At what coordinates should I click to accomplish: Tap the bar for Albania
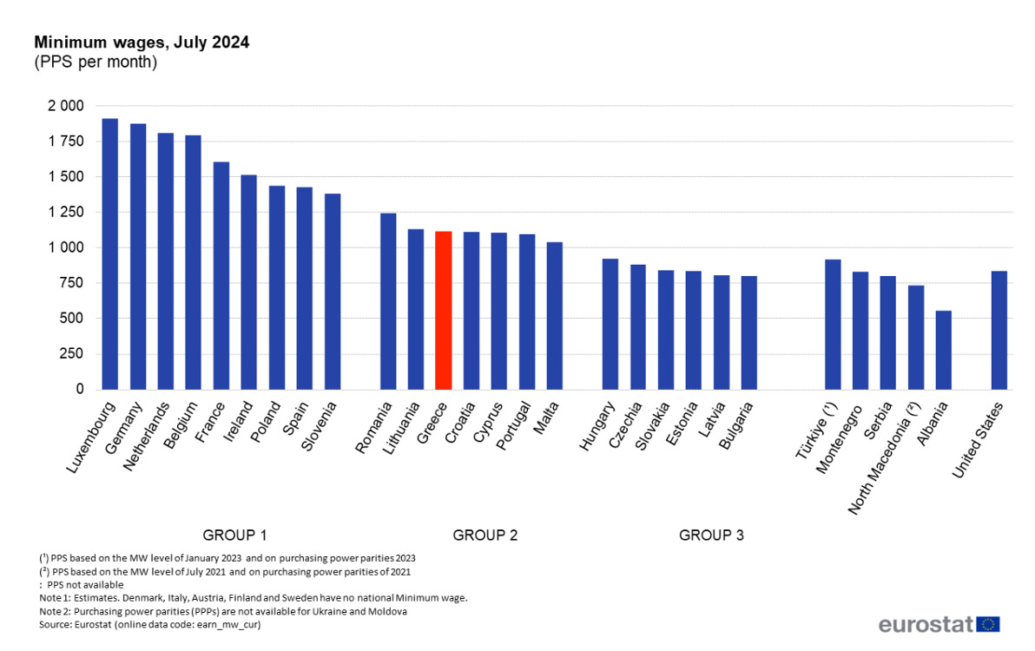tap(943, 350)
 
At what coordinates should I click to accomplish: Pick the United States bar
tap(999, 331)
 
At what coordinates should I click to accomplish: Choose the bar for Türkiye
tap(833, 325)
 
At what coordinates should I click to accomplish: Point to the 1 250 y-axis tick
tap(66, 213)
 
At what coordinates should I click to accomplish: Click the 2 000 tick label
tap(66, 106)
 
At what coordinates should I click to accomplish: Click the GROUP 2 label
tap(485, 536)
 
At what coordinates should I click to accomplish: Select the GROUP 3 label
tap(711, 536)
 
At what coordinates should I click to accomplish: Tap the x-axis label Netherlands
tap(145, 437)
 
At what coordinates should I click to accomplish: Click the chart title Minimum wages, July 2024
tap(142, 43)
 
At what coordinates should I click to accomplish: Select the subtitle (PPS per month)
tap(96, 62)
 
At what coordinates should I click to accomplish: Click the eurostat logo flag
tap(988, 624)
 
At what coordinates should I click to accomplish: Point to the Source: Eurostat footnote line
tap(150, 624)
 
